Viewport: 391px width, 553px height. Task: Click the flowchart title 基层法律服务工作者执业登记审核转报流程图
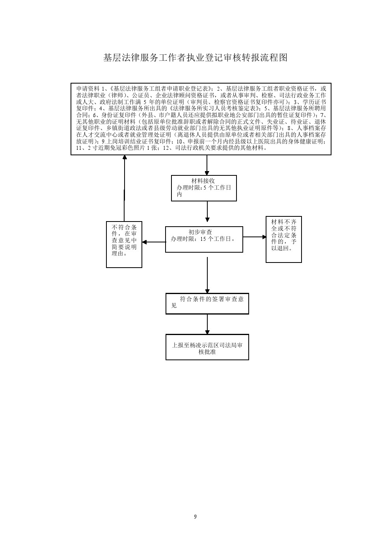click(x=195, y=58)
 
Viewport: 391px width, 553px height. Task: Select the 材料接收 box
click(x=204, y=188)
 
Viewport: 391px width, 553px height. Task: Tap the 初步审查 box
click(x=204, y=239)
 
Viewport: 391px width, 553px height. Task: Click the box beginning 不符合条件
click(x=124, y=244)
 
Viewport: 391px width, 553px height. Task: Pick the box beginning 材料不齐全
click(x=284, y=239)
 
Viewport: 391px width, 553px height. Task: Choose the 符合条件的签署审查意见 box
click(x=207, y=303)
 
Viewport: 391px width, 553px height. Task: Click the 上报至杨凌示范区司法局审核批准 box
click(x=207, y=347)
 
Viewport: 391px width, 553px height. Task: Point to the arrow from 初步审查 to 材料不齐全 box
click(x=255, y=237)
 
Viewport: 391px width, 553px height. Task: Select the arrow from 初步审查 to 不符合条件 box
click(x=154, y=242)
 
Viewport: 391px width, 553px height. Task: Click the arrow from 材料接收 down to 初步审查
click(x=207, y=211)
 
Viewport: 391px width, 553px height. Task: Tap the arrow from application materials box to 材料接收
click(x=207, y=165)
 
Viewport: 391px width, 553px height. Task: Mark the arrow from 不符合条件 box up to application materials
click(x=125, y=188)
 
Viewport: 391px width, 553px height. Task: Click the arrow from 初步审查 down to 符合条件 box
click(x=207, y=275)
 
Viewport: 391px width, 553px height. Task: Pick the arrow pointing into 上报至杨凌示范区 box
click(x=207, y=324)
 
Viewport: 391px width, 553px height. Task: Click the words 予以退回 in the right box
click(x=284, y=245)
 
